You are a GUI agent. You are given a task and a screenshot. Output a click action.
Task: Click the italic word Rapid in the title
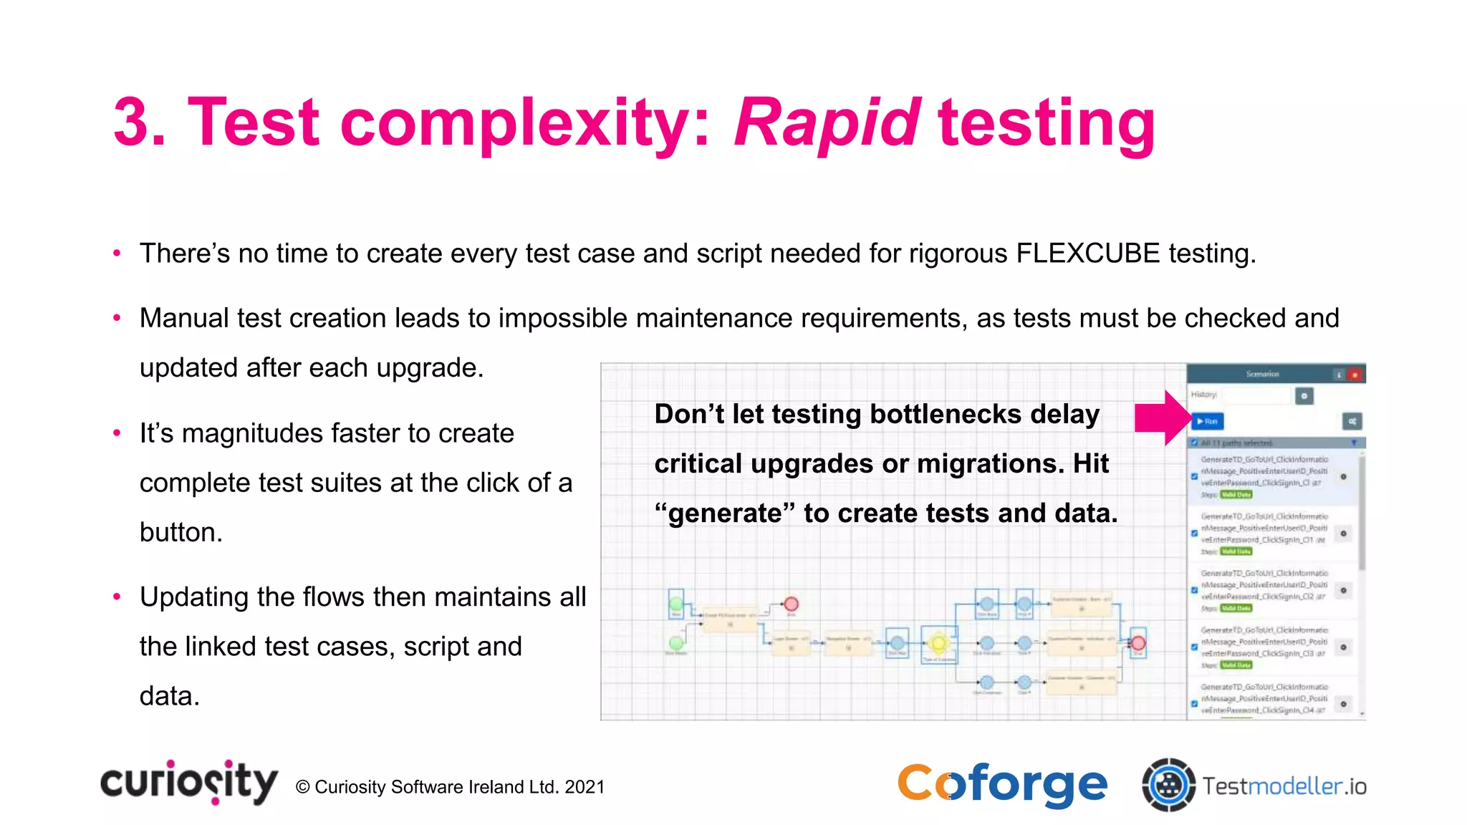click(x=827, y=123)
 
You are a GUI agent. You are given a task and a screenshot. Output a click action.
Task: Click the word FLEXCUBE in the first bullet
click(x=1087, y=254)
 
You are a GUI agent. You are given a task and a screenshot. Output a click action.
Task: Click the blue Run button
click(x=1208, y=421)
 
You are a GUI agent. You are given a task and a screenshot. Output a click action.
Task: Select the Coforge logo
click(x=1002, y=785)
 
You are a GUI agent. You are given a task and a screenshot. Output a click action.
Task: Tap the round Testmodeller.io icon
click(x=1168, y=785)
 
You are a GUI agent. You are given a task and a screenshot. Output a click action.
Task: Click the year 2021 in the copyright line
click(x=585, y=787)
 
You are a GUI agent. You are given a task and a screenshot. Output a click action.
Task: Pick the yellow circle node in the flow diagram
click(x=938, y=642)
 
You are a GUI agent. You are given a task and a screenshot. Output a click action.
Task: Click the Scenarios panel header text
click(x=1262, y=374)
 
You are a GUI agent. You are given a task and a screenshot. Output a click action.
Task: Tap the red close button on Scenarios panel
click(x=1355, y=375)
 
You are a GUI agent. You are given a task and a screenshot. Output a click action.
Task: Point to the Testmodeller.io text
click(x=1284, y=786)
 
